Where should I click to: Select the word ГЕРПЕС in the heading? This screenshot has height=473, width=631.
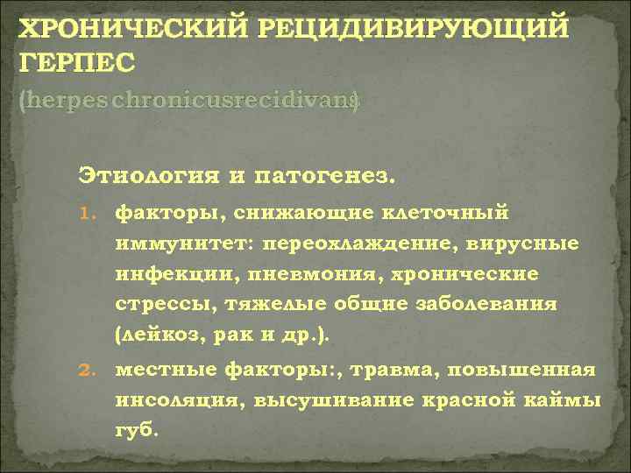click(x=78, y=63)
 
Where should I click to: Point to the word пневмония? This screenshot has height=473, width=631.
click(x=288, y=274)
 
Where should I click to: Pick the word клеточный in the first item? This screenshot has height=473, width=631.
click(x=450, y=212)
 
